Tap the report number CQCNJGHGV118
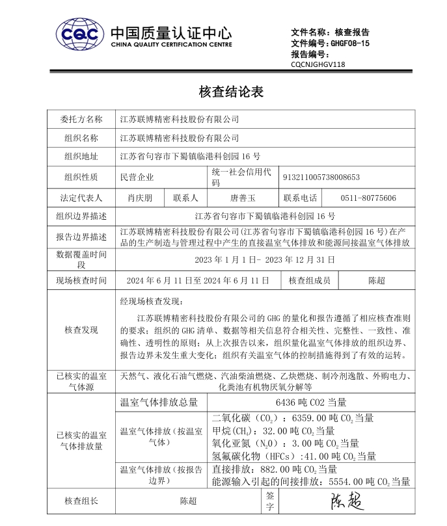[318, 64]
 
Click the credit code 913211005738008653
[321, 177]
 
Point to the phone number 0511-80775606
[368, 198]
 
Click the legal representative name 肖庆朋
[139, 198]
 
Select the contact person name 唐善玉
[243, 198]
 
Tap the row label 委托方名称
[81, 120]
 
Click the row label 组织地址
[81, 157]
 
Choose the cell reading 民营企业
[137, 177]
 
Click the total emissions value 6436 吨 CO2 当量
[311, 402]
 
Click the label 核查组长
[81, 501]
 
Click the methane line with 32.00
[273, 431]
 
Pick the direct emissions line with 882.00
[275, 469]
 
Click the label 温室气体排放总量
[159, 402]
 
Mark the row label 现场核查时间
[81, 280]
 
